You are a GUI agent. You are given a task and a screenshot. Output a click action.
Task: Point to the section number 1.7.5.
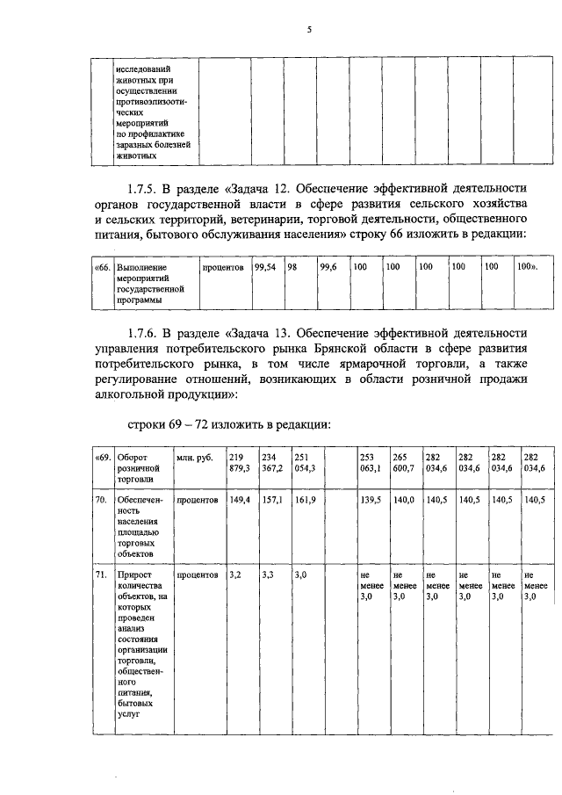(x=147, y=188)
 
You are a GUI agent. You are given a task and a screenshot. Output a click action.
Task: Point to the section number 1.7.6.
(x=147, y=334)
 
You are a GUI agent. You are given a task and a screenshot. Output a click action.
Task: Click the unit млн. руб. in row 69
(x=194, y=459)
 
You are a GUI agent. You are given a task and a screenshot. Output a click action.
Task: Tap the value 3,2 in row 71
(x=234, y=575)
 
